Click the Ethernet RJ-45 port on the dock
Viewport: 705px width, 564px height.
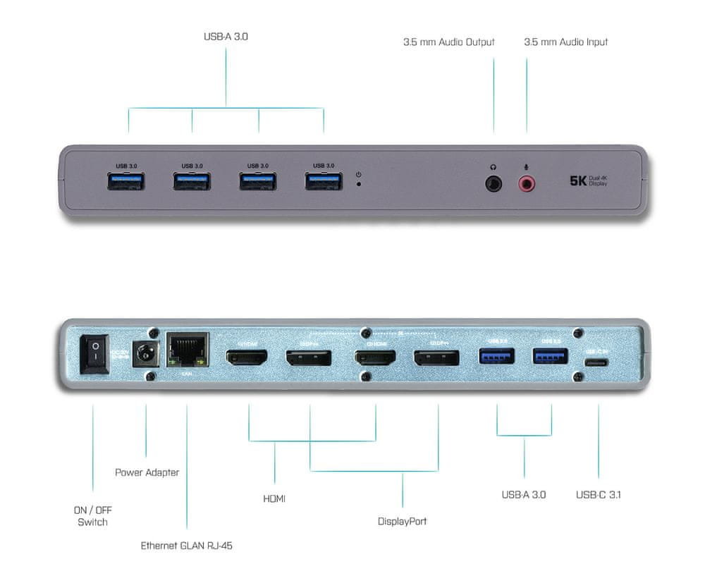187,349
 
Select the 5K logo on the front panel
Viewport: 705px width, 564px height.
578,181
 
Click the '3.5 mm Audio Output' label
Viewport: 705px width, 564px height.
449,42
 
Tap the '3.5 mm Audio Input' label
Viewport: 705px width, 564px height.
565,42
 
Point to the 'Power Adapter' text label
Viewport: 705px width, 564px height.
147,472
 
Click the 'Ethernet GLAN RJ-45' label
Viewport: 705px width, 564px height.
186,545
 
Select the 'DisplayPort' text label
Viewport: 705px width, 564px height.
402,522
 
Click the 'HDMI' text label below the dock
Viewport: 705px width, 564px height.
274,498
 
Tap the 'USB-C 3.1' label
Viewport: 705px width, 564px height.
598,495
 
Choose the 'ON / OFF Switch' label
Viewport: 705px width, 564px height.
93,515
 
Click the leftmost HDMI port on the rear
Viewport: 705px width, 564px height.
246,358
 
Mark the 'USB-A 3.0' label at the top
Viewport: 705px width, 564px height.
225,36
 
